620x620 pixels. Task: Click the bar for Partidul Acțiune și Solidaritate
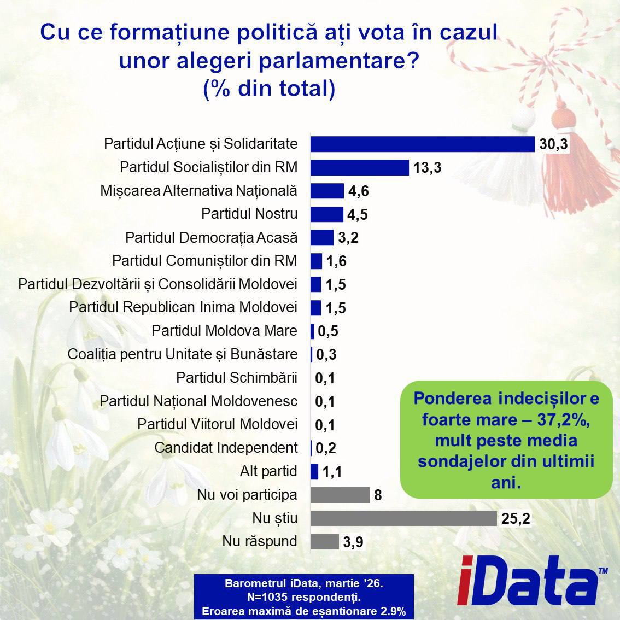coord(422,144)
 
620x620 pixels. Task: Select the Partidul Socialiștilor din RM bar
coord(359,167)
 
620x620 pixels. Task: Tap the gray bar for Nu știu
coord(403,518)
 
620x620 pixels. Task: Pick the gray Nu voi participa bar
coord(340,495)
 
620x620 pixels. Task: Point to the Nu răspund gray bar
coord(324,541)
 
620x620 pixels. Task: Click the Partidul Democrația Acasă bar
coord(321,238)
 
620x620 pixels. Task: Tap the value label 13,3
coord(427,168)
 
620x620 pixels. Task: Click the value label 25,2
coord(516,518)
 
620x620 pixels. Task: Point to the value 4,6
coord(358,191)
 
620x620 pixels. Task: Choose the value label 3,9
coord(353,542)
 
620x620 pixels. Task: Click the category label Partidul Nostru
coord(249,214)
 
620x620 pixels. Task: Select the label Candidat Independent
coord(226,448)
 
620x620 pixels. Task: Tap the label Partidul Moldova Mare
coord(224,331)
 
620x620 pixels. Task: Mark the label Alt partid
coord(268,471)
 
